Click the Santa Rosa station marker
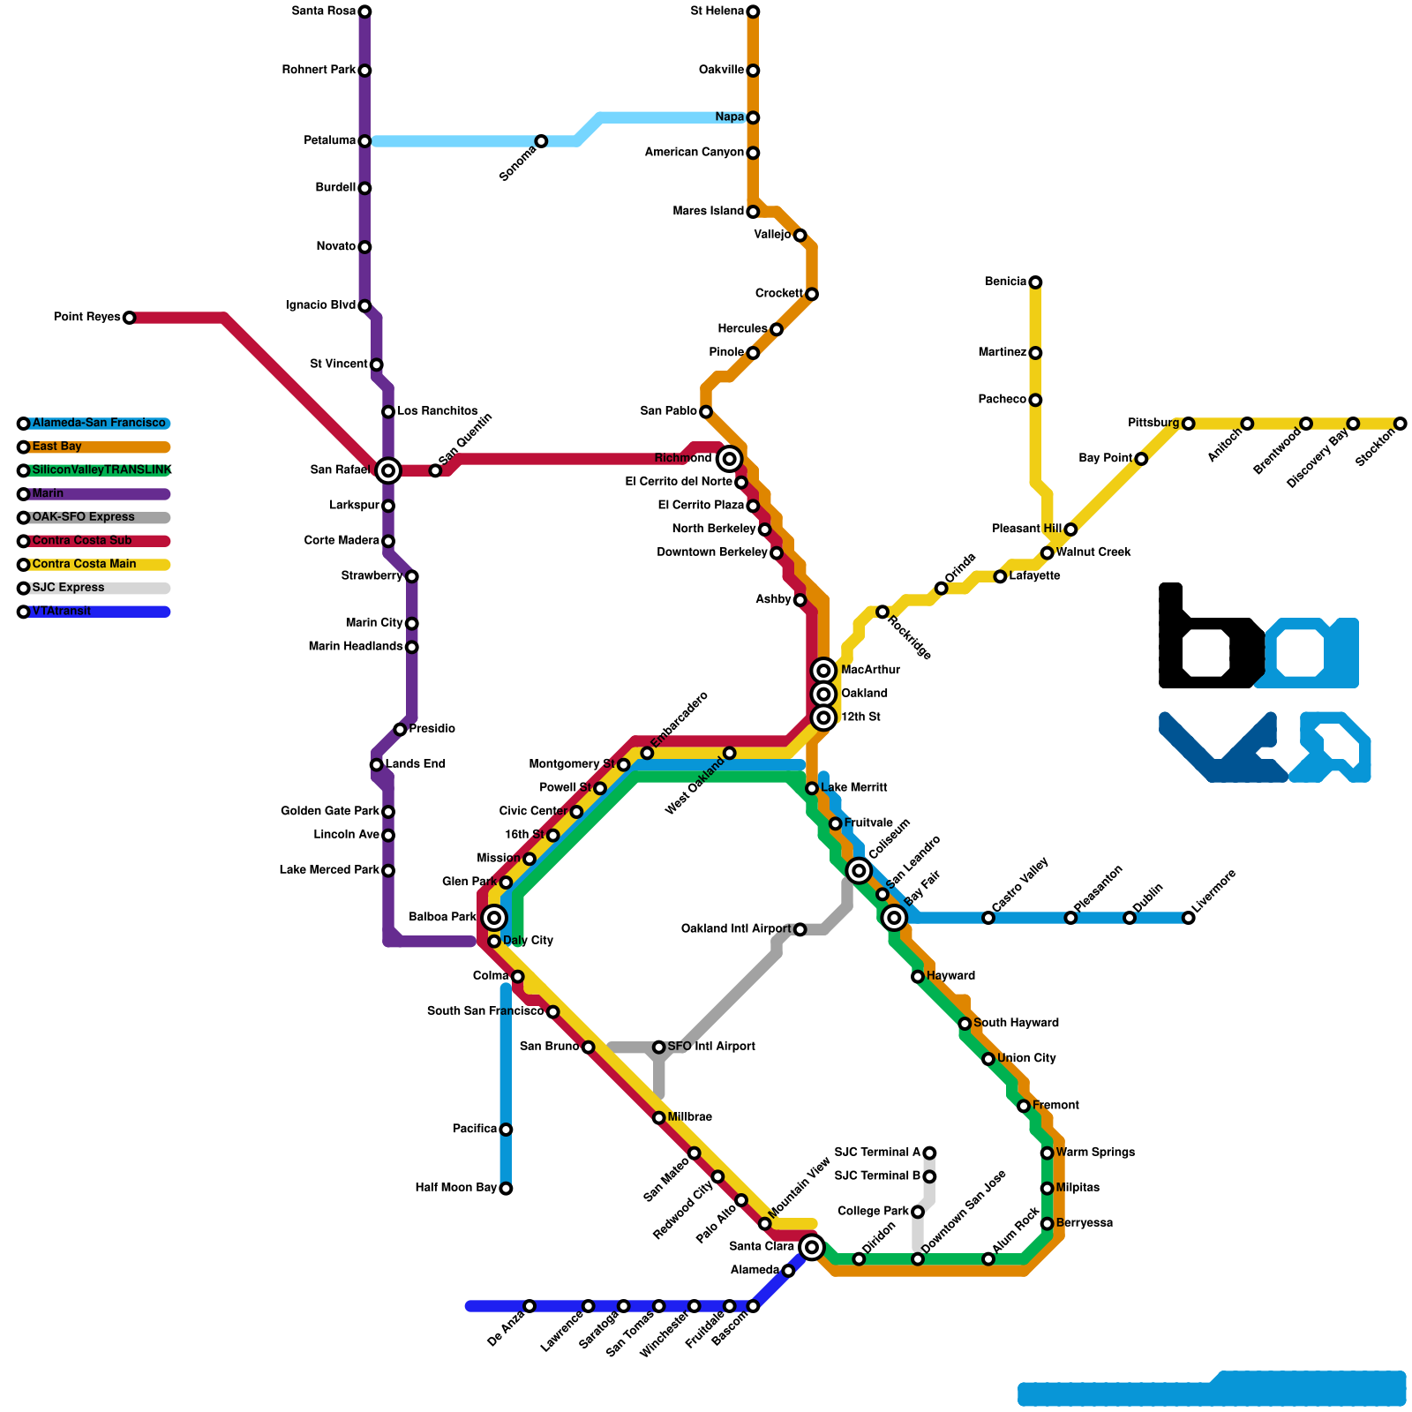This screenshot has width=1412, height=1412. click(364, 11)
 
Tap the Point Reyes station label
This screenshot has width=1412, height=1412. click(86, 317)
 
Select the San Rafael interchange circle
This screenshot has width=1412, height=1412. click(388, 470)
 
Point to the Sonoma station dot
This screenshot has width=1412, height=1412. click(541, 141)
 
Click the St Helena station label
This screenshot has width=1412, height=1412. click(717, 11)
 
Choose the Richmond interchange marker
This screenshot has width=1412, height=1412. click(729, 458)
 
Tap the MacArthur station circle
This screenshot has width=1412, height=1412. click(823, 671)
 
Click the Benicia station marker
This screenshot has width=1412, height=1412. click(1035, 282)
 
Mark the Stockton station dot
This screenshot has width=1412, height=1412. click(1401, 424)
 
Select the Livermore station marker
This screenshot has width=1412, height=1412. click(1189, 918)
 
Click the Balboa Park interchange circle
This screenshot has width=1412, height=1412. click(494, 918)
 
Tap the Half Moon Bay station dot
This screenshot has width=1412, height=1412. click(506, 1189)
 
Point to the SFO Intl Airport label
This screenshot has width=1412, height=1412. click(711, 1047)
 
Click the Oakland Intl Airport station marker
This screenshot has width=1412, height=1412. click(800, 929)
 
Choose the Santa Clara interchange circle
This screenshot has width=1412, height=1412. click(812, 1247)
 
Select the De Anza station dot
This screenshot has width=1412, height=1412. click(529, 1306)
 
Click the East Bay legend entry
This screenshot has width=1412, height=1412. click(56, 447)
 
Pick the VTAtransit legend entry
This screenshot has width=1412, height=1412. click(61, 612)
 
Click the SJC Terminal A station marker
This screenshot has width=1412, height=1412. click(929, 1153)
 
